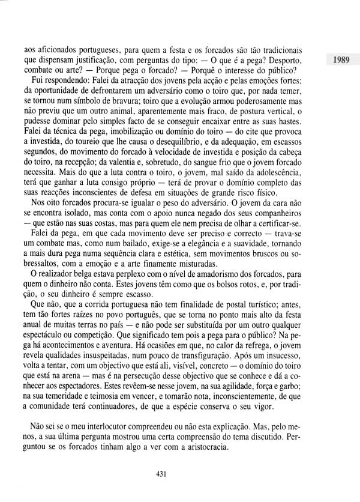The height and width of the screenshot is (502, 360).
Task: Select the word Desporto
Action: pos(281,61)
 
